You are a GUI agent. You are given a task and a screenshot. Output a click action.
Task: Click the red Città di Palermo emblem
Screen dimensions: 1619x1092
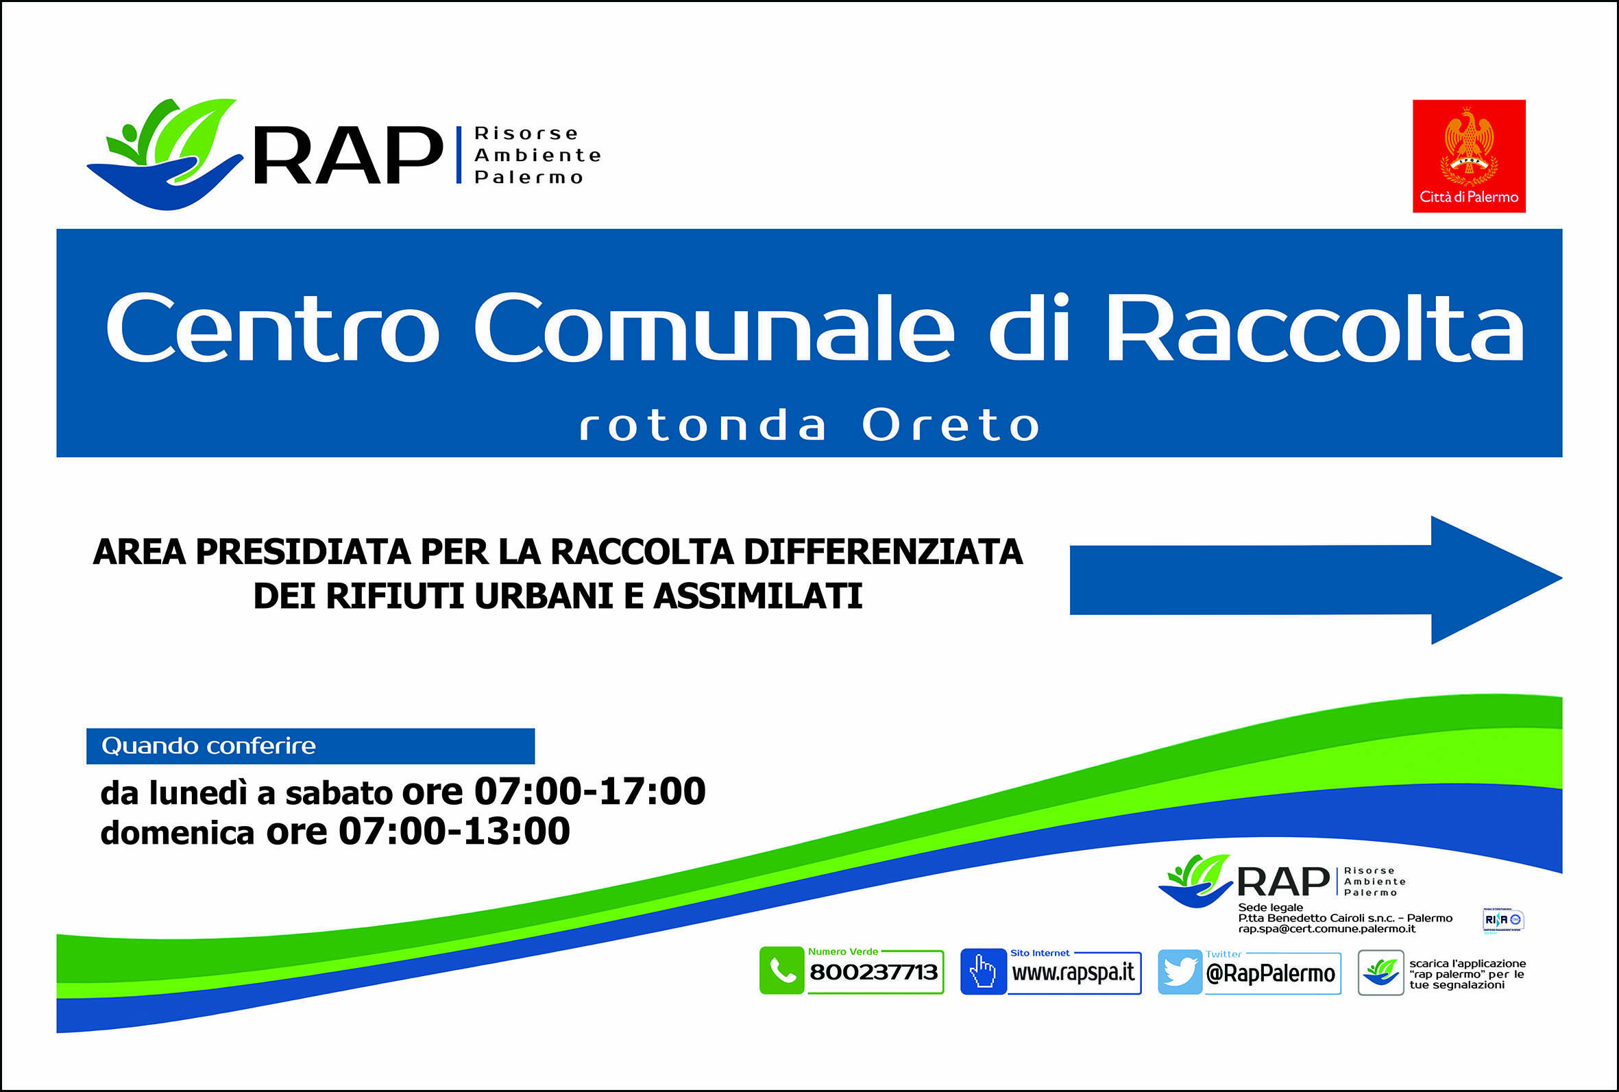point(1469,156)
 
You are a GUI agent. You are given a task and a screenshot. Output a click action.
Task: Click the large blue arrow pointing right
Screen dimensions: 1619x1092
point(1316,580)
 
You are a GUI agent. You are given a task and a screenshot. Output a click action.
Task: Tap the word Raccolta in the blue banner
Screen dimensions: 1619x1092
point(1315,326)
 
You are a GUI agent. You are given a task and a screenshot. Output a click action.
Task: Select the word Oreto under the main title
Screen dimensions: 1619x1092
point(951,426)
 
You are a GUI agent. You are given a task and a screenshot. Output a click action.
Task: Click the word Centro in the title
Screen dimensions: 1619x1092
point(272,326)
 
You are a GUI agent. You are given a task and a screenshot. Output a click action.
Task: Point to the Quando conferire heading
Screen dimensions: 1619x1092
point(209,746)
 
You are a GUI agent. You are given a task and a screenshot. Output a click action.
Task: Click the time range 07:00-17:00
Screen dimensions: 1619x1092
point(589,791)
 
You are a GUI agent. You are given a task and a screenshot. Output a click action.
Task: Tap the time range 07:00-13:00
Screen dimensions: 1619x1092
point(454,832)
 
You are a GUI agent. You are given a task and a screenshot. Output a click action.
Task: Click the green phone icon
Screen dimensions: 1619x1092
point(781,971)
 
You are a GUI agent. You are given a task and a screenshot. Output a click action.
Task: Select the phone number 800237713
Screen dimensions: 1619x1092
point(873,972)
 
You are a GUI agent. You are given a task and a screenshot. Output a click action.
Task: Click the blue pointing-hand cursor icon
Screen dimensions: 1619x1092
point(982,971)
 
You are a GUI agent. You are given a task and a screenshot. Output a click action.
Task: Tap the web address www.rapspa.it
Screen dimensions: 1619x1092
point(1073,972)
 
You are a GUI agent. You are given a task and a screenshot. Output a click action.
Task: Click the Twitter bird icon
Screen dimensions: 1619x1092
point(1180,972)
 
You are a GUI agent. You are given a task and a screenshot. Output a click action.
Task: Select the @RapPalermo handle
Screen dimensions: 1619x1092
point(1270,973)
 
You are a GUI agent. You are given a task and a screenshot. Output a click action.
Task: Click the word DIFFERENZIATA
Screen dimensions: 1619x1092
point(883,553)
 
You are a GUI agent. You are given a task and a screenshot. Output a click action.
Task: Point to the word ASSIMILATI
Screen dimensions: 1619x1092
point(757,596)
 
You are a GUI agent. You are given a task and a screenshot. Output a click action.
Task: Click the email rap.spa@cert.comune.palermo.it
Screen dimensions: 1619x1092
point(1326,929)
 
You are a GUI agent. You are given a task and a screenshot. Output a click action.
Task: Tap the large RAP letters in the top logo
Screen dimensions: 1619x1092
point(348,155)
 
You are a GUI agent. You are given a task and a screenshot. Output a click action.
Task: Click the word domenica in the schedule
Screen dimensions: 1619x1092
point(178,833)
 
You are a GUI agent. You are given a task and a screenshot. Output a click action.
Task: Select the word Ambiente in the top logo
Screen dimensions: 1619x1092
point(537,156)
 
